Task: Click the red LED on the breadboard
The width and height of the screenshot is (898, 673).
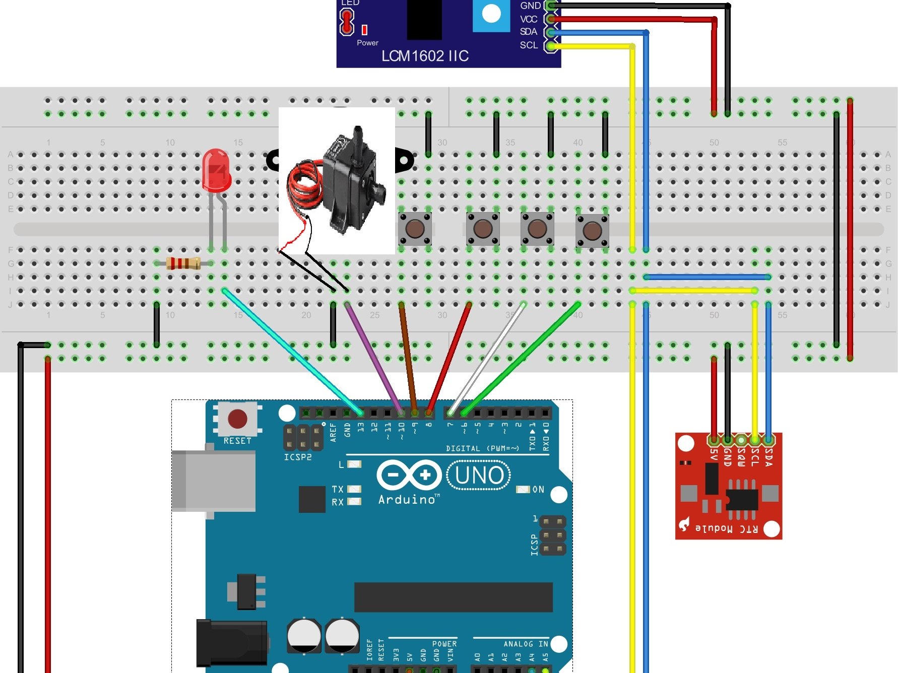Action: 216,170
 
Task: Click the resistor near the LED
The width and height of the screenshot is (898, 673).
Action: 183,263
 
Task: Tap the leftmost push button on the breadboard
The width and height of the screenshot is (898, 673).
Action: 415,229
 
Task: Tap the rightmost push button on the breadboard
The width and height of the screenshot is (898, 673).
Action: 592,231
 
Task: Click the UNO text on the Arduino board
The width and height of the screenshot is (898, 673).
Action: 479,475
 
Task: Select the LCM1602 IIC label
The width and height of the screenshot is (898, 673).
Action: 425,56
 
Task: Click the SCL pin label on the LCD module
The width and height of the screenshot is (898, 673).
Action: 529,45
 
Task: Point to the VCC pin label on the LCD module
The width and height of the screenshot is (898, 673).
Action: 529,19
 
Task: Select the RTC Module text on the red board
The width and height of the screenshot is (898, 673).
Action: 726,528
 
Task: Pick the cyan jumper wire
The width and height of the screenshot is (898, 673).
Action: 292,351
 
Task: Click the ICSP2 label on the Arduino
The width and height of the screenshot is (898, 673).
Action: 297,457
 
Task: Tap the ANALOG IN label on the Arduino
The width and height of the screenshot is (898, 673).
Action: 525,644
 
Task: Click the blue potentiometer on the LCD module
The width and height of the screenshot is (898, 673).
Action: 491,14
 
